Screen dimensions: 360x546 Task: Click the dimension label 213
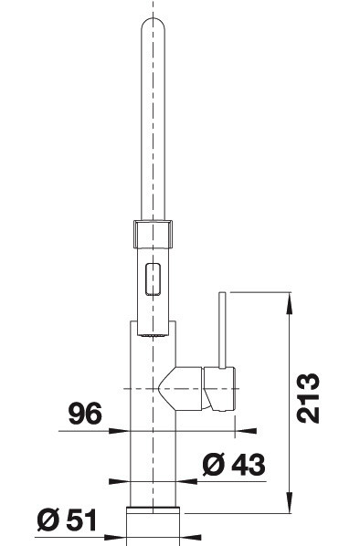[x=308, y=398]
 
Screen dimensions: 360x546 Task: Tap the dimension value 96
[x=85, y=414]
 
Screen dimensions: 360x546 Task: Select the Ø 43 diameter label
[x=234, y=465]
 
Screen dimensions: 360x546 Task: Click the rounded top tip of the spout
[x=153, y=19]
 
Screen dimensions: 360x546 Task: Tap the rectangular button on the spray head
[x=153, y=279]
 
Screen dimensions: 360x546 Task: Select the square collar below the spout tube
[x=153, y=234]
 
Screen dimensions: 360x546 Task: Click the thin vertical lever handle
[x=222, y=330]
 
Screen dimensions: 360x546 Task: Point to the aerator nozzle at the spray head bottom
[x=153, y=335]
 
